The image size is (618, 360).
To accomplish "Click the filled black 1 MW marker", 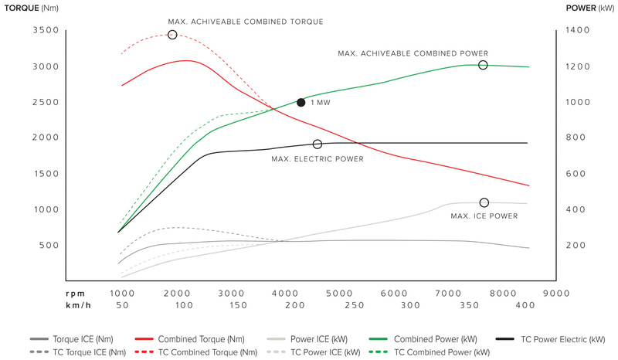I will pyautogui.click(x=301, y=102).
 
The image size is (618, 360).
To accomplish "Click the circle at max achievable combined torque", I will pyautogui.click(x=172, y=35).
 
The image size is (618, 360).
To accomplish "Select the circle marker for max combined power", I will pyautogui.click(x=484, y=65).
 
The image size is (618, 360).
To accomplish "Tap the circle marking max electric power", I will pyautogui.click(x=317, y=144).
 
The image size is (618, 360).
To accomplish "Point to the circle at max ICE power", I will pyautogui.click(x=484, y=202).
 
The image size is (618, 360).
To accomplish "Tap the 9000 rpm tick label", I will pyautogui.click(x=555, y=293).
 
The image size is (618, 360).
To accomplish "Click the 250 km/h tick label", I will pyautogui.click(x=355, y=305).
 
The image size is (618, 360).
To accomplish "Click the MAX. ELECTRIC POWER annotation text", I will pyautogui.click(x=317, y=159).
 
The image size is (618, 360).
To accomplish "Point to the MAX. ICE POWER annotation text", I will pyautogui.click(x=484, y=216).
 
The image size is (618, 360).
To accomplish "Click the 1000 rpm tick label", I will pyautogui.click(x=121, y=293).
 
